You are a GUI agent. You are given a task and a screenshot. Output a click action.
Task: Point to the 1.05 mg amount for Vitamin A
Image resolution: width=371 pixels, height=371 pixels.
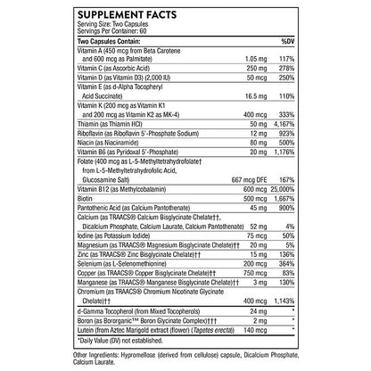point(231,59)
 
